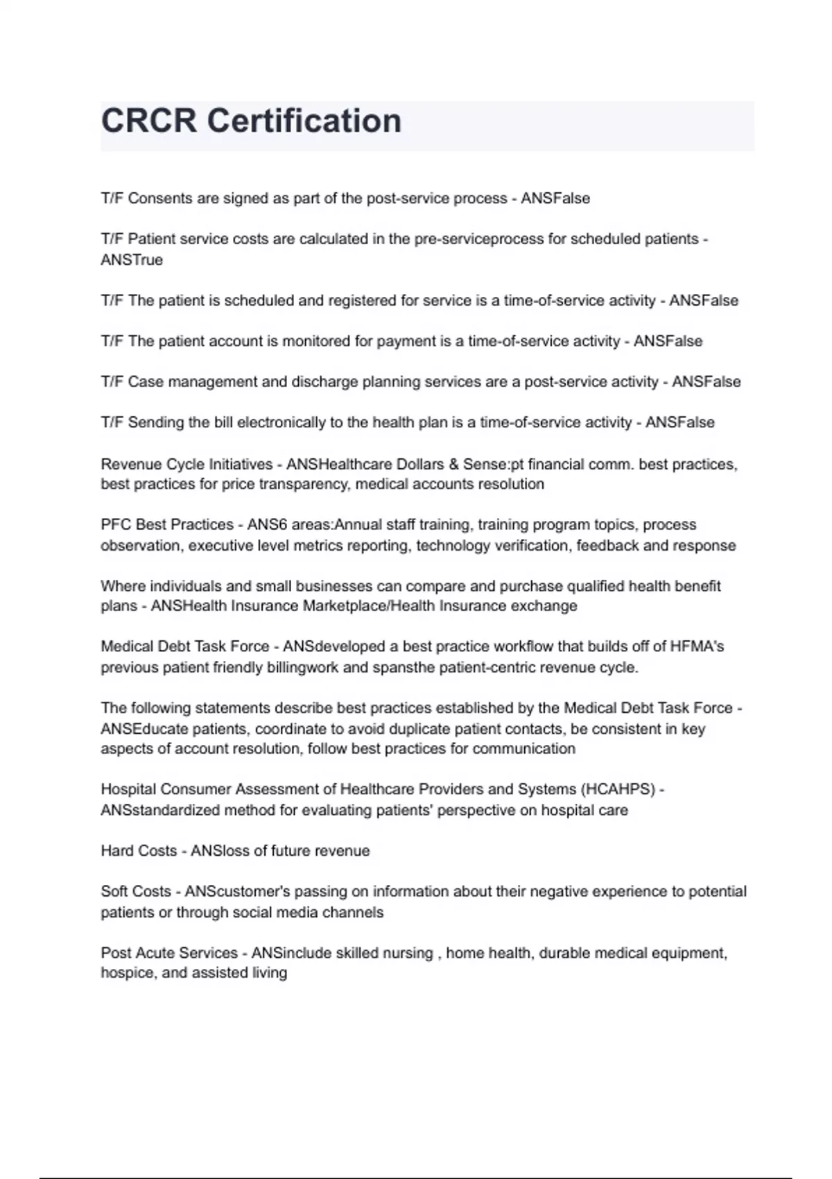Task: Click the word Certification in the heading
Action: point(304,121)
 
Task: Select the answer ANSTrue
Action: point(132,260)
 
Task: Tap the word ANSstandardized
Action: point(160,810)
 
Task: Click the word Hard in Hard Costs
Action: point(115,851)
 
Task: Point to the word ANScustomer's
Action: point(233,891)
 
